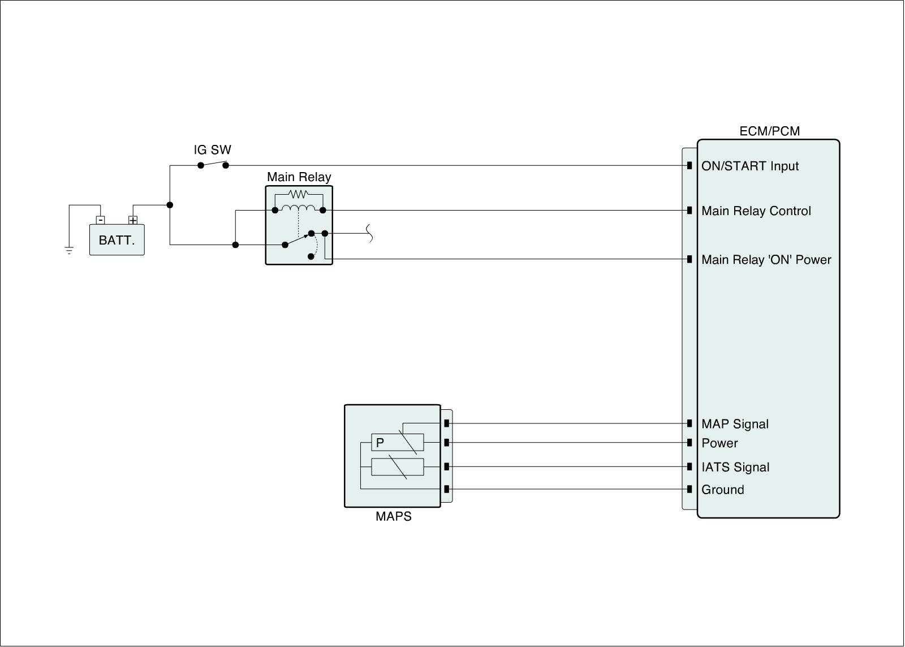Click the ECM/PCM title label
coord(769,131)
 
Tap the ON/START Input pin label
coord(750,166)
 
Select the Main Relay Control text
coord(756,211)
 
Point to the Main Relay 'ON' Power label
coord(766,259)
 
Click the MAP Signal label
coord(735,424)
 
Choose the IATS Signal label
coord(735,467)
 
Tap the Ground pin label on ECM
coord(722,489)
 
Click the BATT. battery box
coord(117,240)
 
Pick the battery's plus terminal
coord(133,220)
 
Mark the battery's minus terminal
coord(100,220)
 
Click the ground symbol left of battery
coord(69,250)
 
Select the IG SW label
coord(212,149)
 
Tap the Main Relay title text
coord(299,177)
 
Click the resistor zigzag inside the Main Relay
coord(299,195)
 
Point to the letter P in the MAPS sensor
coord(380,443)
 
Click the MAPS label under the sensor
coord(394,516)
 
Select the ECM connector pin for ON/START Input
coord(689,165)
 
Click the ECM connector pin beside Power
coord(689,443)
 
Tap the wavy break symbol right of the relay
coord(369,233)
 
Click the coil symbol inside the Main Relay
coord(299,208)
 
